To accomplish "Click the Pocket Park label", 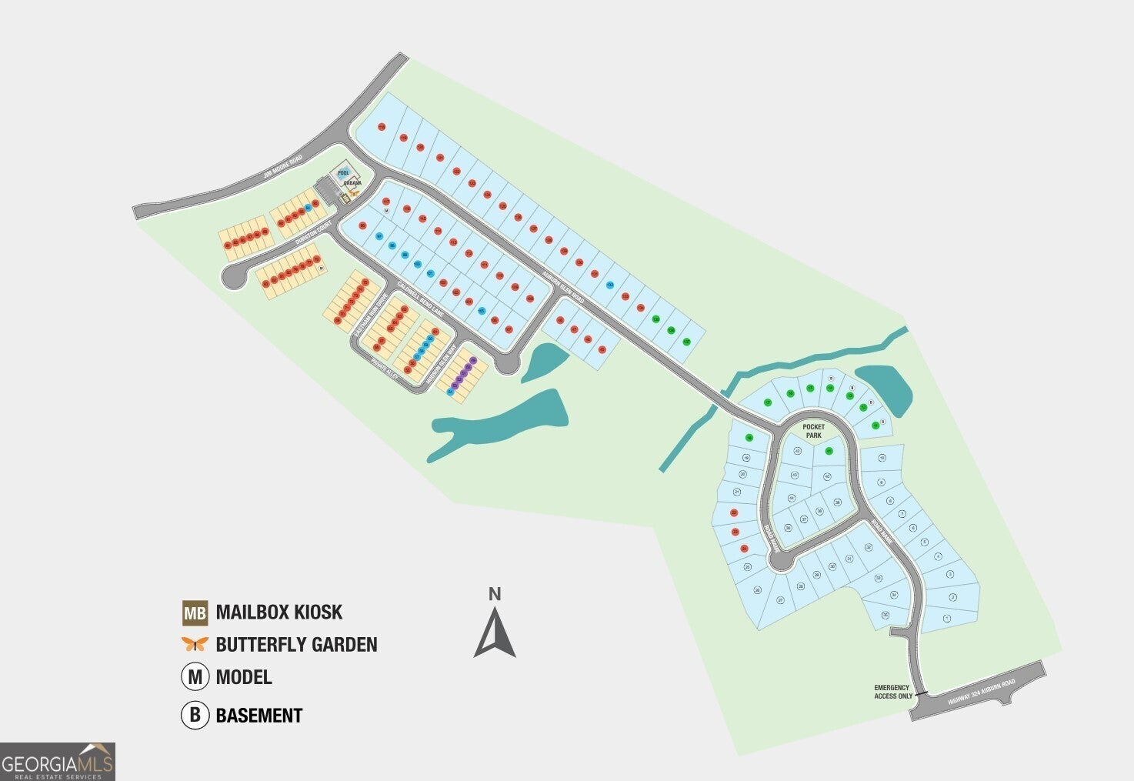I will click(x=813, y=431).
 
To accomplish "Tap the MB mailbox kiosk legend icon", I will click(x=195, y=612).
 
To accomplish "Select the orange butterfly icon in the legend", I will click(x=195, y=644).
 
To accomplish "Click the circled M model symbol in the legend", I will click(x=195, y=677).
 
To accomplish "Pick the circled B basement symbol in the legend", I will click(x=195, y=715).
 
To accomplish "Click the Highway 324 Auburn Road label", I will click(x=982, y=693).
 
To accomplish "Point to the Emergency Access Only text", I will click(x=892, y=692).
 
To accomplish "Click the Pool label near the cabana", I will click(x=343, y=173).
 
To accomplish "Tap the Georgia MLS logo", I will click(x=58, y=762).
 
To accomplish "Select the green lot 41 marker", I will click(x=829, y=452).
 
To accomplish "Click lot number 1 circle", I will click(x=946, y=618).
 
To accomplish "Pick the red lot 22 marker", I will click(x=734, y=512).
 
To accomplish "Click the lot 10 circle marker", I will click(x=882, y=458).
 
